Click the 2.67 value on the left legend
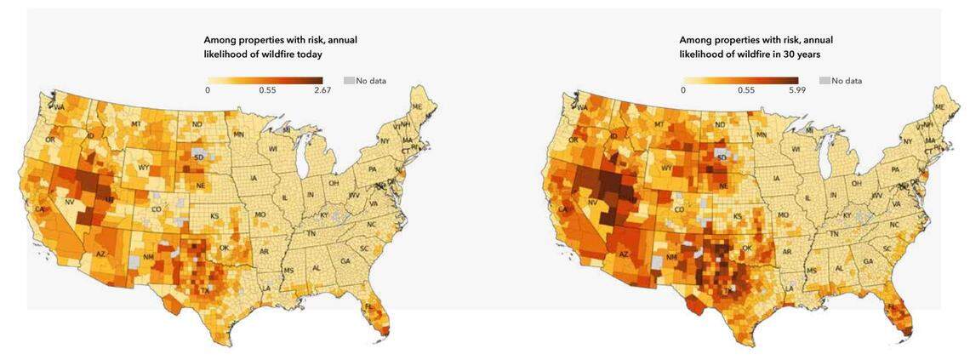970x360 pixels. coord(322,89)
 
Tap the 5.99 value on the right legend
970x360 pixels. coord(798,89)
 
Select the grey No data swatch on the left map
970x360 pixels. coord(349,80)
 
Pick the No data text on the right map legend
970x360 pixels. coord(847,81)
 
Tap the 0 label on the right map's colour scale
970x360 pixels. coord(683,89)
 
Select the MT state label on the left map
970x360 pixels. coord(135,124)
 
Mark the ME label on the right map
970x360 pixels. coord(940,106)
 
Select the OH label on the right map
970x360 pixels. coord(857,183)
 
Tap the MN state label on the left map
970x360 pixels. coord(239,134)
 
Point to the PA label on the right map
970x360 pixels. coord(893,169)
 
